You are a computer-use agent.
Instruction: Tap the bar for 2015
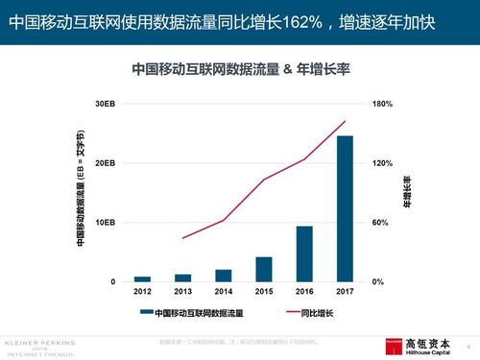263,269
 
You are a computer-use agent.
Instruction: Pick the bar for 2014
223,276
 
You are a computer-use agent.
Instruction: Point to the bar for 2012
142,278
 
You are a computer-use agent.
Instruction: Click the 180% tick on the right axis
383,104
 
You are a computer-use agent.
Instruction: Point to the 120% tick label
383,163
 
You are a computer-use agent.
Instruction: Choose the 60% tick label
381,223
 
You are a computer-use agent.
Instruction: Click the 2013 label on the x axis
182,291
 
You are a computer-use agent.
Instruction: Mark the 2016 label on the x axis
303,291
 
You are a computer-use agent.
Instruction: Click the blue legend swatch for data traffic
145,313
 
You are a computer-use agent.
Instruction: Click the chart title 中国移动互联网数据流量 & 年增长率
240,69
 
